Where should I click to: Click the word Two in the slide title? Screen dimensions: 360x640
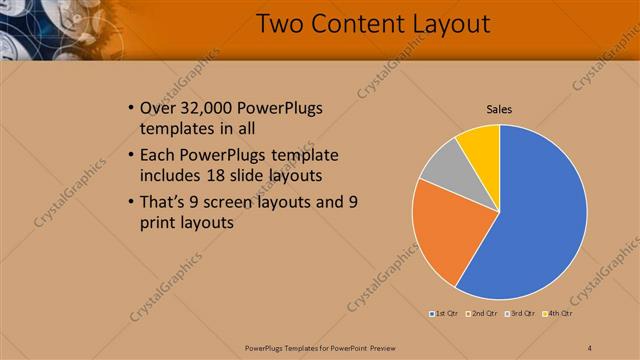coord(280,24)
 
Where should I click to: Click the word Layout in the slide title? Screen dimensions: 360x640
coord(447,24)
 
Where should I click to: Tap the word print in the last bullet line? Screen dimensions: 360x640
coord(162,223)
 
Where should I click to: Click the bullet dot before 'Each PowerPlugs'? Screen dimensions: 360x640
coord(133,156)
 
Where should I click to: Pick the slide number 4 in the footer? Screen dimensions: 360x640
coord(590,347)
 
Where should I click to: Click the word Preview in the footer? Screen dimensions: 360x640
coord(379,347)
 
